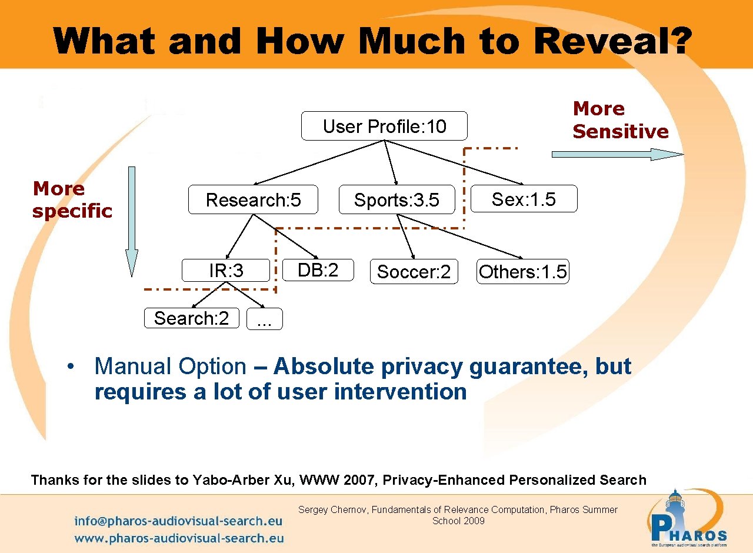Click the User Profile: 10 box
[x=384, y=126]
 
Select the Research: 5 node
[x=253, y=200]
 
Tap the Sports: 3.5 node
[x=397, y=200]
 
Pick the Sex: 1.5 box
[x=524, y=199]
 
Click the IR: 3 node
[x=226, y=271]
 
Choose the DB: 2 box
[x=318, y=270]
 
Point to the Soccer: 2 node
[x=414, y=272]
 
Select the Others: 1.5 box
[x=522, y=272]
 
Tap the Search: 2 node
[x=191, y=318]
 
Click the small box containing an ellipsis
[x=265, y=319]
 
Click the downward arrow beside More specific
[x=132, y=221]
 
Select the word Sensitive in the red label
[x=621, y=131]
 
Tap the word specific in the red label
[x=72, y=211]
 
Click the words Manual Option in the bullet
[x=170, y=367]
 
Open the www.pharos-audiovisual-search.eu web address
[x=179, y=538]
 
